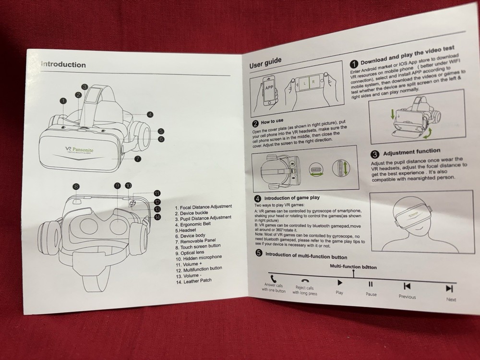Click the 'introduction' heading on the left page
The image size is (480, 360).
(x=64, y=65)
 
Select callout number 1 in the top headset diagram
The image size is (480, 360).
(x=63, y=101)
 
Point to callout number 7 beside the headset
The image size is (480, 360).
(x=137, y=159)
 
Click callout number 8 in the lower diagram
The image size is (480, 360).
(x=76, y=186)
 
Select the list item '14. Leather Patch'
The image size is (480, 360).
(x=193, y=280)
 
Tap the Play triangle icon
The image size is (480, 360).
(x=339, y=282)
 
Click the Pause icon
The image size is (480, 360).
(x=371, y=285)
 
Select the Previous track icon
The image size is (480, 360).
(x=407, y=286)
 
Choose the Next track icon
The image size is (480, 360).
(x=449, y=288)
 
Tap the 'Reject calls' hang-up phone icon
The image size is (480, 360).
(x=305, y=281)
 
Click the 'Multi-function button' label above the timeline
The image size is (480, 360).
(x=353, y=266)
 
